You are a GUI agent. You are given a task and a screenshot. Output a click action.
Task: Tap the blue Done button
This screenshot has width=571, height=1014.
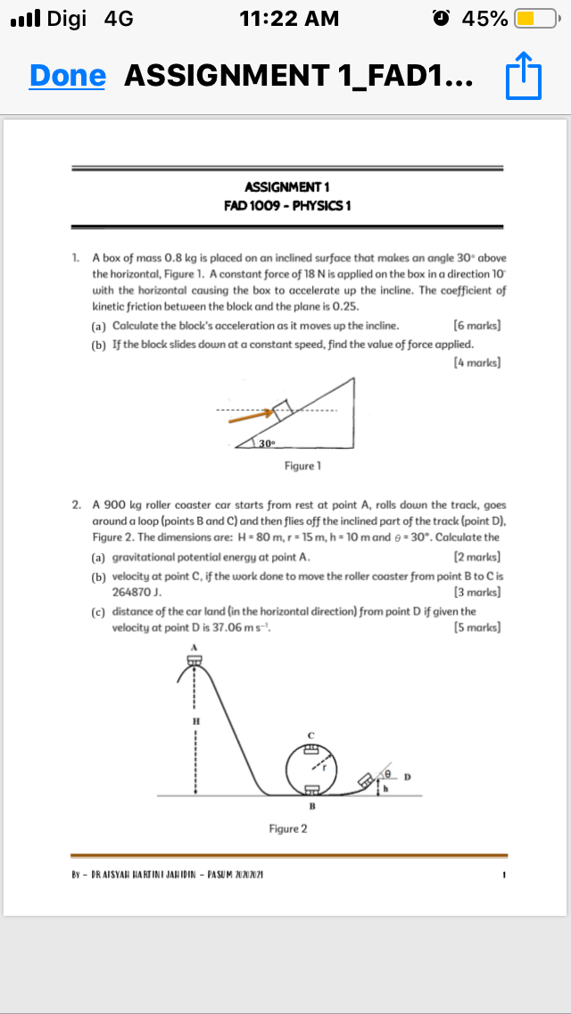67,76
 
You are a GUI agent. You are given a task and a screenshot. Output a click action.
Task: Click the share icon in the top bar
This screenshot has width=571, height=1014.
524,76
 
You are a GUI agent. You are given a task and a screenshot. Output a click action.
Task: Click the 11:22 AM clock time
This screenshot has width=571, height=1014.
290,18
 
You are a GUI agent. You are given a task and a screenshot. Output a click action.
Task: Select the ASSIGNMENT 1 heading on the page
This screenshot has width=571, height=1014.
286,187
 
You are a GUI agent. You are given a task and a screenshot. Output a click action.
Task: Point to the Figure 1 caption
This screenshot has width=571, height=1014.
302,466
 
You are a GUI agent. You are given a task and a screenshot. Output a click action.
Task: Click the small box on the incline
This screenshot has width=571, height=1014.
282,410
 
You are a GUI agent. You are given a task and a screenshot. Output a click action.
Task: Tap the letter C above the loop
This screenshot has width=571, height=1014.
311,734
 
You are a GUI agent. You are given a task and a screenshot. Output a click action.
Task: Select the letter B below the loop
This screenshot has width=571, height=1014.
311,806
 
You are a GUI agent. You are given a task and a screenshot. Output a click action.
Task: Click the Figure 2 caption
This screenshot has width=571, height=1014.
288,829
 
